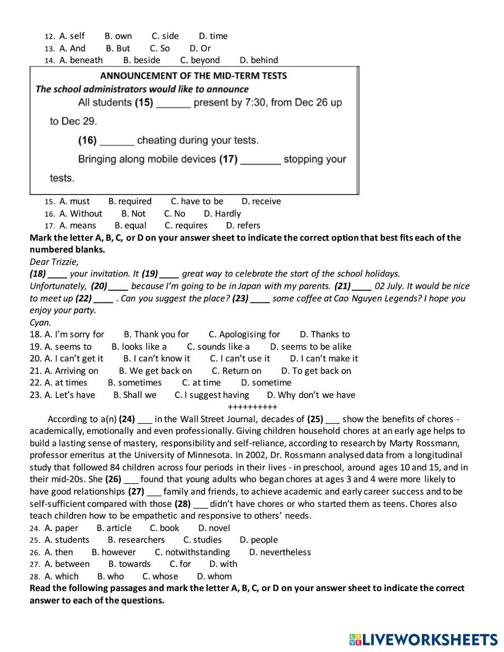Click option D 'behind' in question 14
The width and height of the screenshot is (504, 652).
pyautogui.click(x=259, y=60)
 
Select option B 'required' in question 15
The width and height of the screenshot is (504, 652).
pyautogui.click(x=130, y=202)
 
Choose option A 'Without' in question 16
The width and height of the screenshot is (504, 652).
pyautogui.click(x=81, y=214)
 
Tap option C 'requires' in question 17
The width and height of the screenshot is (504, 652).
pyautogui.click(x=186, y=226)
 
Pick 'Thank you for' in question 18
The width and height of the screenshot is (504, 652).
pyautogui.click(x=156, y=335)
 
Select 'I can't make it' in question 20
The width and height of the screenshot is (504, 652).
pyautogui.click(x=324, y=359)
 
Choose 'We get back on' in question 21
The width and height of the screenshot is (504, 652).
pyautogui.click(x=155, y=371)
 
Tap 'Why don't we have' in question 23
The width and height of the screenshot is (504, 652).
pyautogui.click(x=311, y=395)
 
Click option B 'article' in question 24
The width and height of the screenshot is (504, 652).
pyautogui.click(x=114, y=528)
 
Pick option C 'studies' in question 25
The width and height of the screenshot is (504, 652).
pyautogui.click(x=202, y=540)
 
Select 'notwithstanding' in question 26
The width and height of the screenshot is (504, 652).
pyautogui.click(x=192, y=552)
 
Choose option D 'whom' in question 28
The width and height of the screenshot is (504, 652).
pyautogui.click(x=214, y=576)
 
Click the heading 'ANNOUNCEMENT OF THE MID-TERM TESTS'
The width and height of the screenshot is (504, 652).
pyautogui.click(x=194, y=76)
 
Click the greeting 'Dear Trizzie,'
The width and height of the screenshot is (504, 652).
pyautogui.click(x=54, y=262)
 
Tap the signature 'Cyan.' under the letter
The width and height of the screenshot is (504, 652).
pyautogui.click(x=40, y=322)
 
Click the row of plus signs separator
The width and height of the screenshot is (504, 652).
pyautogui.click(x=253, y=407)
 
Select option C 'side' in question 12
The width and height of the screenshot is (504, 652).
pyautogui.click(x=165, y=36)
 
